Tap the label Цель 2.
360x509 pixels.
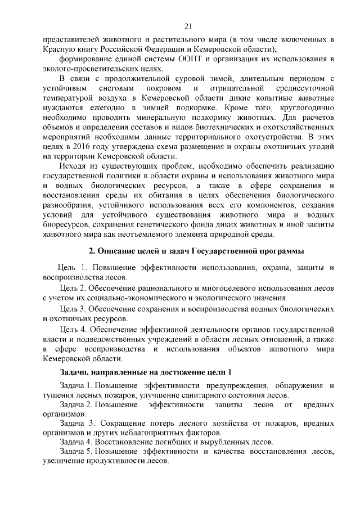tap(75, 288)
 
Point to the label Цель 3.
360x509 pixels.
tap(75, 308)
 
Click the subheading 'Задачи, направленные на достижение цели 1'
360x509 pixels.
tap(145, 372)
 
